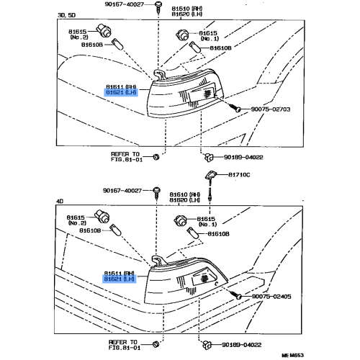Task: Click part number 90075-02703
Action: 271,109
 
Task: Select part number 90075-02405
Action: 271,297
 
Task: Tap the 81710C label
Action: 239,175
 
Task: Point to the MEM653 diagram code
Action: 292,355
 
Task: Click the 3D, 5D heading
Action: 66,15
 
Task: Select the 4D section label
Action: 60,201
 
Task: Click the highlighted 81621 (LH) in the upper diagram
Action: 121,92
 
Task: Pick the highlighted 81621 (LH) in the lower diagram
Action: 120,279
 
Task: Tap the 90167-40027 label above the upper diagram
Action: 125,4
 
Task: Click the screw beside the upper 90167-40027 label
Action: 158,6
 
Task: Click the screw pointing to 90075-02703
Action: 234,107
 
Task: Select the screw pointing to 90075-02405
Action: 235,294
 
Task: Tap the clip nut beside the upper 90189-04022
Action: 209,158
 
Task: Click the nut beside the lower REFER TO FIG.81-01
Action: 156,344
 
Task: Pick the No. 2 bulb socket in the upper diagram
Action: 104,31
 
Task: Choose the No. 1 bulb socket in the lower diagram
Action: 181,220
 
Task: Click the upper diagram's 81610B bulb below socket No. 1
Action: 194,47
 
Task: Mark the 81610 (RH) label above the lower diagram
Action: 185,194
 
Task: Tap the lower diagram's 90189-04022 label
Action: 241,345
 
